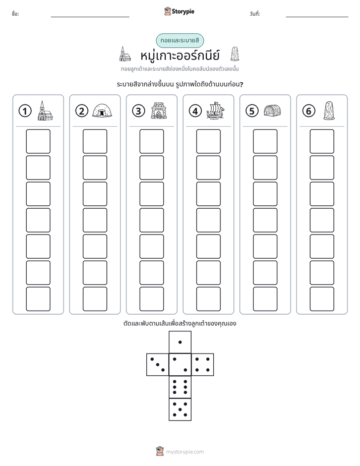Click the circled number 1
click(x=25, y=111)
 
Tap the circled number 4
click(x=195, y=111)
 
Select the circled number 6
click(x=309, y=111)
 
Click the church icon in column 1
click(x=45, y=110)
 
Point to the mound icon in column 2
click(x=102, y=110)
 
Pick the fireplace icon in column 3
click(x=159, y=110)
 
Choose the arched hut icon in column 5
click(x=272, y=110)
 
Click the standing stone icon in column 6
click(x=329, y=110)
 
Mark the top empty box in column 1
click(x=38, y=141)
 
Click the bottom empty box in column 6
click(x=322, y=299)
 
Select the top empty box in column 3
click(x=151, y=141)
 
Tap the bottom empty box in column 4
click(x=208, y=299)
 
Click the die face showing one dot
click(x=180, y=342)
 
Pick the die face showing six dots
click(x=180, y=387)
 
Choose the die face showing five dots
click(x=180, y=410)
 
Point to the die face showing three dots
click(x=158, y=364)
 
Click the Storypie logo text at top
click(x=183, y=12)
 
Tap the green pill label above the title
click(x=179, y=41)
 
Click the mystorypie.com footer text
click(x=185, y=452)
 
